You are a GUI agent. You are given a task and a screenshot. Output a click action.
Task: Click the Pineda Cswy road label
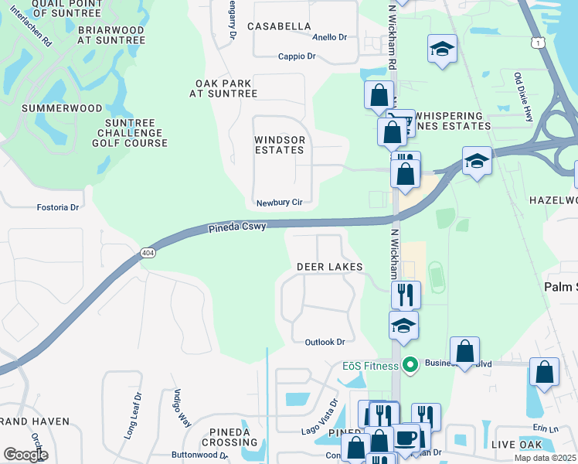[x=237, y=227]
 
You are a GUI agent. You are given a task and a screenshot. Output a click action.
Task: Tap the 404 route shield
[x=148, y=253]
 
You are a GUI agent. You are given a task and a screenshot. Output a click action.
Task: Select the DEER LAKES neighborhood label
[x=330, y=267]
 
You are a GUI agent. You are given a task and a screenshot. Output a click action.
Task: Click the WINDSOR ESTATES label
[x=280, y=145]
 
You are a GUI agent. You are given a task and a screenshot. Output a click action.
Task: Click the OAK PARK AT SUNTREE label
[x=223, y=88]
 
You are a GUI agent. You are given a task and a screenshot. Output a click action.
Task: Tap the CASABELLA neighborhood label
[x=279, y=26]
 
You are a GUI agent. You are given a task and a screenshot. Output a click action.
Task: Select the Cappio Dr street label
[x=297, y=56]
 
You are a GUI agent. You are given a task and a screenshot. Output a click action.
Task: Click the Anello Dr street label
[x=330, y=37]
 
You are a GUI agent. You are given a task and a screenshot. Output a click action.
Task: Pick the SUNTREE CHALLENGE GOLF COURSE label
[x=130, y=133]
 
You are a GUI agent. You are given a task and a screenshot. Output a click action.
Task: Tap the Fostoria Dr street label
[x=58, y=207]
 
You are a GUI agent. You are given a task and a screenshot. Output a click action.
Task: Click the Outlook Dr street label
[x=325, y=342]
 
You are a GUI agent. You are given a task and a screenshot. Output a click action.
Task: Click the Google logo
[x=25, y=455]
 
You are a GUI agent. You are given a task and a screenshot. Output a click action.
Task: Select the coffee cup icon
[x=406, y=438]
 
